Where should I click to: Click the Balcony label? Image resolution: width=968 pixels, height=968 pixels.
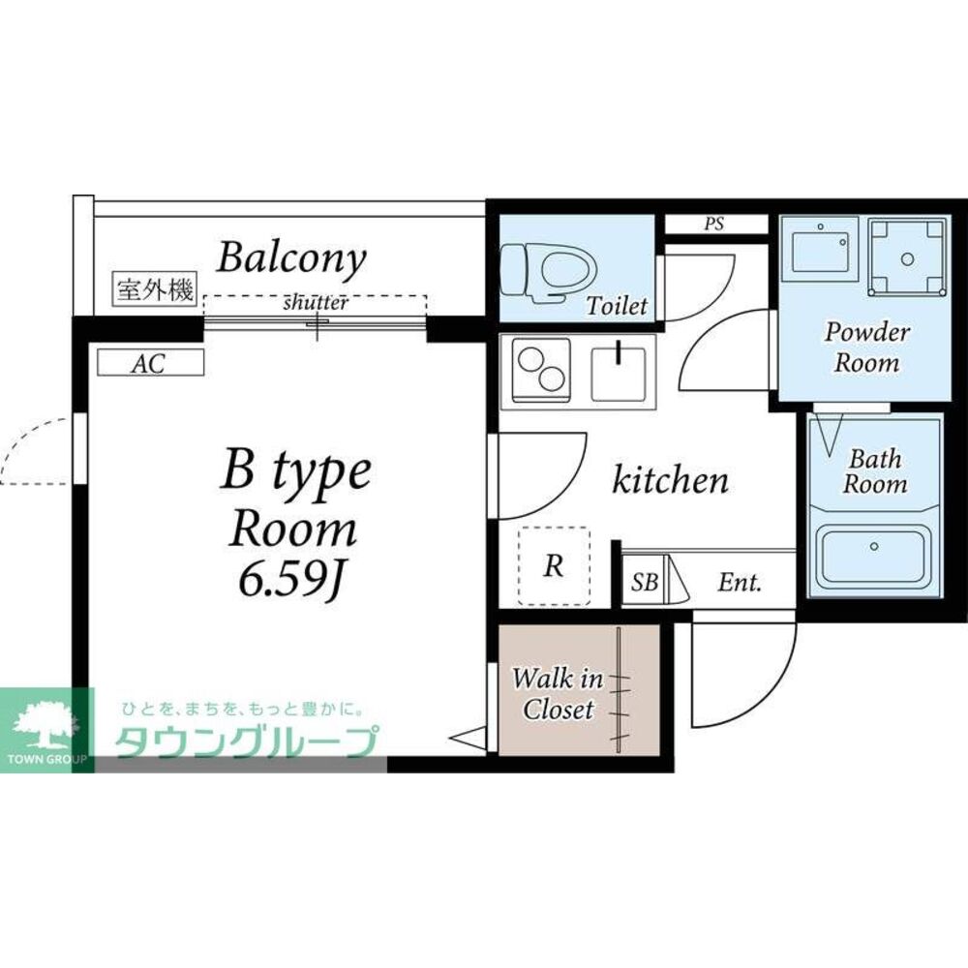(x=291, y=258)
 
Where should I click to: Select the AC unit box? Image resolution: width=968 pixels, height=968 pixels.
(x=151, y=363)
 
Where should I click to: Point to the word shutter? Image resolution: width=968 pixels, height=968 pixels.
(x=316, y=302)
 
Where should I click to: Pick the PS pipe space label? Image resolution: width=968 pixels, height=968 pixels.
(x=714, y=224)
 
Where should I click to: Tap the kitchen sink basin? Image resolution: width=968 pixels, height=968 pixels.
(x=619, y=374)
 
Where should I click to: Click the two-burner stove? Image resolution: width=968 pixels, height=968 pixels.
(x=541, y=371)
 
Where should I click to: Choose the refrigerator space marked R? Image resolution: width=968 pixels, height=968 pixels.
(x=554, y=565)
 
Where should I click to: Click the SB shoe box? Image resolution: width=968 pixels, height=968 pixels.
(x=644, y=582)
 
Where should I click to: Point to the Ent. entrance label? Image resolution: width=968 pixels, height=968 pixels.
(x=740, y=582)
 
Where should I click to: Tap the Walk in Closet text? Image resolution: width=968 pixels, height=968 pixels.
(x=557, y=693)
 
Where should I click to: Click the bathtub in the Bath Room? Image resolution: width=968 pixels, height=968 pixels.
(x=873, y=556)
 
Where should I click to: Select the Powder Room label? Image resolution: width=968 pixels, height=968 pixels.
(x=866, y=347)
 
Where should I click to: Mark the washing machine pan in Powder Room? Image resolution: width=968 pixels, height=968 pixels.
(x=907, y=258)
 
